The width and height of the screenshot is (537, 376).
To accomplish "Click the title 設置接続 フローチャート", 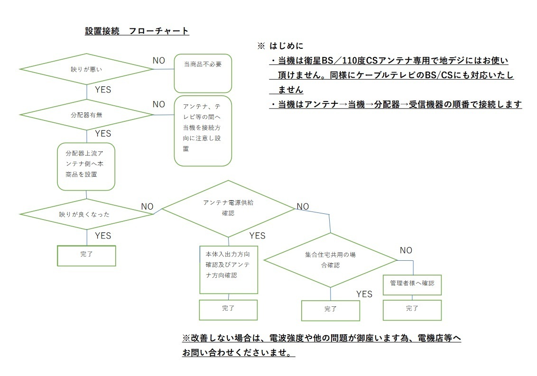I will [x=137, y=31].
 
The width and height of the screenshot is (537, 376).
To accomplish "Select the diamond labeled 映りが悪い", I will [x=87, y=69].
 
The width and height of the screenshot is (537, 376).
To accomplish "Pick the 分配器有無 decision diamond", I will [x=87, y=114].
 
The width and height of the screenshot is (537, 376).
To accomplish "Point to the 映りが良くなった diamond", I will [x=87, y=214].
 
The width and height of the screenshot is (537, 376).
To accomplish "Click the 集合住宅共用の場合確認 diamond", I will [x=330, y=260].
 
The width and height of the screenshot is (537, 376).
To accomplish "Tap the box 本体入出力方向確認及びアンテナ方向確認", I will [x=229, y=268].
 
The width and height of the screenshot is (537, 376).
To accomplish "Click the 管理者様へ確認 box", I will [x=412, y=284].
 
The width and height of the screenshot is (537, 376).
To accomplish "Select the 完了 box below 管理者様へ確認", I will [x=412, y=309].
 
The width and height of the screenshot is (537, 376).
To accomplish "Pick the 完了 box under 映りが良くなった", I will [x=87, y=255].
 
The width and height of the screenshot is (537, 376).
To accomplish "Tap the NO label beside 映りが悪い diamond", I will [x=159, y=61].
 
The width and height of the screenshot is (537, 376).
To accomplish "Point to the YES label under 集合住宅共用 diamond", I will [x=364, y=294].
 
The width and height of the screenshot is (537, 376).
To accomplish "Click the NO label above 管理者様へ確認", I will [x=406, y=250].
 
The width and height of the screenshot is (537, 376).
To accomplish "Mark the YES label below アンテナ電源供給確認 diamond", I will [x=257, y=236].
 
